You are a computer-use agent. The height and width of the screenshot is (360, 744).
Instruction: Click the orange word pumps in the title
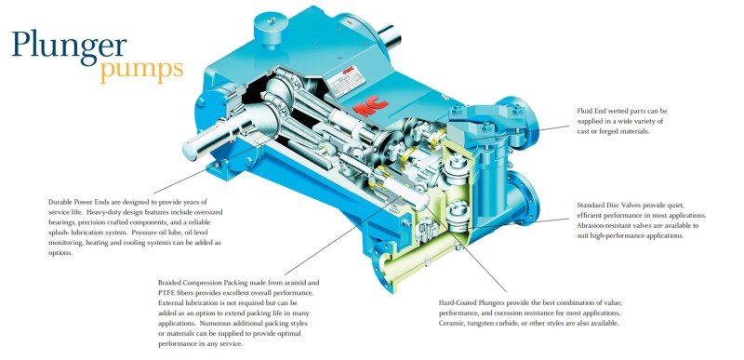pyautogui.click(x=141, y=70)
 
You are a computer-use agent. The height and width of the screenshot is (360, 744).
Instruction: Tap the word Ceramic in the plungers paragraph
pyautogui.click(x=450, y=324)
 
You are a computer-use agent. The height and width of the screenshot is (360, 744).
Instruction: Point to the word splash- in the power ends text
pyautogui.click(x=59, y=233)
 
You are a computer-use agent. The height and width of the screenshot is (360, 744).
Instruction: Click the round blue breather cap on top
pyautogui.click(x=270, y=29)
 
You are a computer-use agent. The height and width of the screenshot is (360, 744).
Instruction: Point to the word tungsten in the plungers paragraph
pyautogui.click(x=481, y=324)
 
